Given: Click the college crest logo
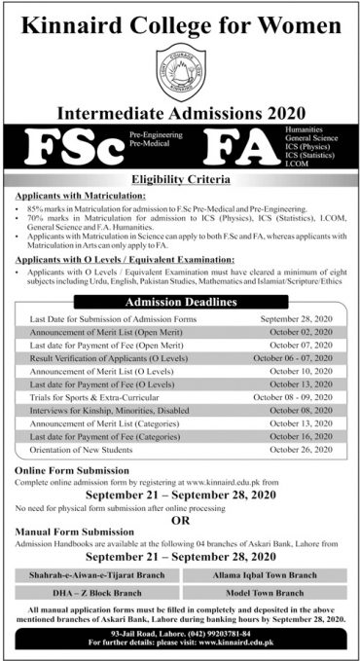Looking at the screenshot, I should pos(179,65).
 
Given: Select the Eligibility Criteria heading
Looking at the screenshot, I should pos(180,179).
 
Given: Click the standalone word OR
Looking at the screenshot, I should pos(180,518).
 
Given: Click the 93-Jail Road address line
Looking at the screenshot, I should pos(180,634).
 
